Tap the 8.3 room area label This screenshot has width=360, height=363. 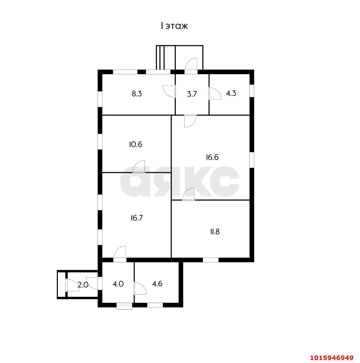coord(137,94)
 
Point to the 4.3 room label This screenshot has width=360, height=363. coord(231,93)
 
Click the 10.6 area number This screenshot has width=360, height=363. coord(136,144)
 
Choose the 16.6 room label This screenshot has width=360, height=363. coord(212,157)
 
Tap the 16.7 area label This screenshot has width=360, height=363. coord(137,218)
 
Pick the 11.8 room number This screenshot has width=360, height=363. coord(214,232)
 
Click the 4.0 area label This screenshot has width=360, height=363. coord(118,284)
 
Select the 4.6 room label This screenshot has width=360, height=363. coord(157,284)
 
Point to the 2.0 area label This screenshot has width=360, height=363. coord(83,285)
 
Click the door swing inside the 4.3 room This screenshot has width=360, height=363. coord(214,93)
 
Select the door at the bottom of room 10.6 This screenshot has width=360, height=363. coord(139,167)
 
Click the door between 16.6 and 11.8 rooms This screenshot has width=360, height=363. coord(188,195)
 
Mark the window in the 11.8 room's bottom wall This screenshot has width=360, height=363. coord(210,259)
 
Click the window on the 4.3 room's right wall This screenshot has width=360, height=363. coord(252,90)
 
